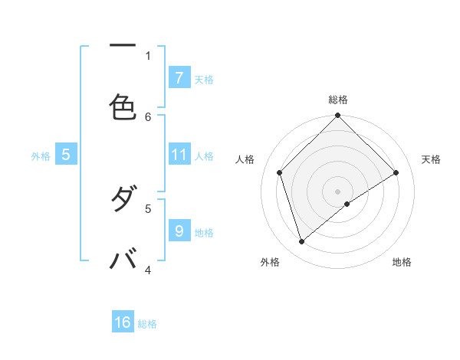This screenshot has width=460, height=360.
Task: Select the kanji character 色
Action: click(x=123, y=106)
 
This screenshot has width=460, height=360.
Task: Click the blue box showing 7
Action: click(x=179, y=77)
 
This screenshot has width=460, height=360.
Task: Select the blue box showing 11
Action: click(x=179, y=155)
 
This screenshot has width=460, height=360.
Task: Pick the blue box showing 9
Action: click(x=179, y=230)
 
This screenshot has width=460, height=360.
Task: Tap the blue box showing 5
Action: click(x=66, y=155)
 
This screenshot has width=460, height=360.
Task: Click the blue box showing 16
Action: click(x=123, y=322)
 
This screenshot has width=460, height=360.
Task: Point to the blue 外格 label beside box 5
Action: click(x=41, y=156)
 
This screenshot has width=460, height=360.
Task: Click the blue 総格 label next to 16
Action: click(x=147, y=324)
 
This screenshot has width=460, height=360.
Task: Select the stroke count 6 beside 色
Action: click(x=149, y=116)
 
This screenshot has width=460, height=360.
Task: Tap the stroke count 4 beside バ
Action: click(x=149, y=270)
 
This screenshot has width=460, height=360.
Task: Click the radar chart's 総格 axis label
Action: click(x=338, y=100)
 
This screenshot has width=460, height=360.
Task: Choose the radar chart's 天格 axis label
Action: click(x=431, y=159)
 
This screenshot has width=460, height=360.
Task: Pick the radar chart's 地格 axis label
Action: click(x=402, y=262)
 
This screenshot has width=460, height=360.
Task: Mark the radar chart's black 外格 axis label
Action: click(x=270, y=262)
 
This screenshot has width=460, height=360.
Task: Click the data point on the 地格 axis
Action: click(x=347, y=204)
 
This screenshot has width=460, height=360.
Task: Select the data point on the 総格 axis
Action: click(x=338, y=116)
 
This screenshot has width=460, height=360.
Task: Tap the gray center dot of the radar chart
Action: click(x=338, y=191)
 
